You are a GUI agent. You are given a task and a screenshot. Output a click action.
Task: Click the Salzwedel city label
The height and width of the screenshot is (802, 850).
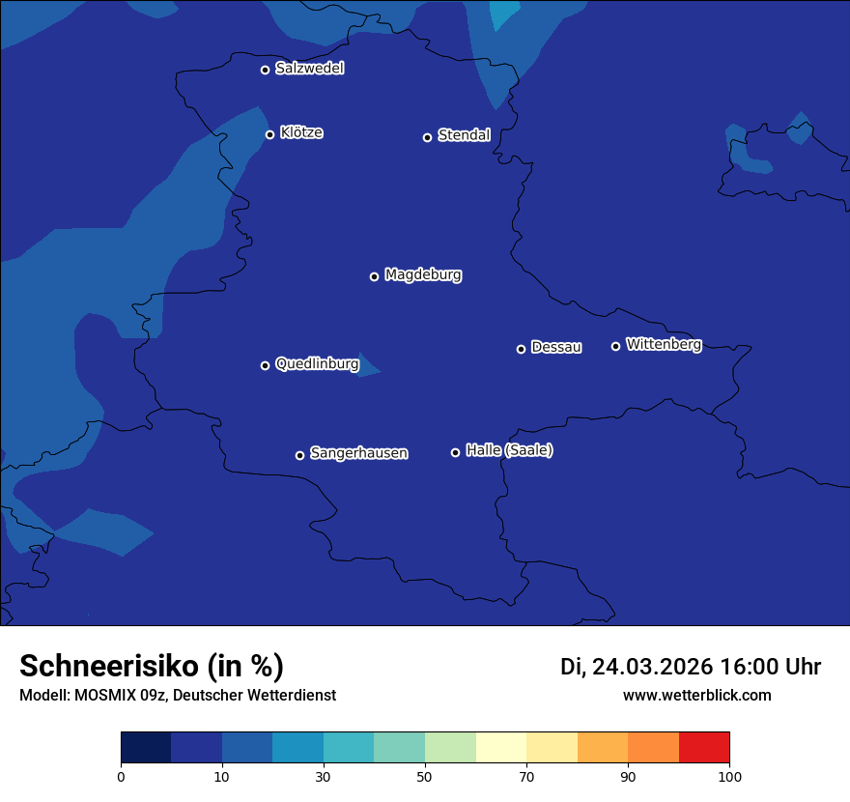[309, 69]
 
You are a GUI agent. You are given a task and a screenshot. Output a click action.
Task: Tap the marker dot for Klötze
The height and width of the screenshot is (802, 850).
[270, 134]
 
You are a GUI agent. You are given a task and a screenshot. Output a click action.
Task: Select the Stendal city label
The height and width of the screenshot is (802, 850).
[464, 135]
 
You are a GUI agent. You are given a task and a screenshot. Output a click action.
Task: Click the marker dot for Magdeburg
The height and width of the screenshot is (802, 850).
[375, 276]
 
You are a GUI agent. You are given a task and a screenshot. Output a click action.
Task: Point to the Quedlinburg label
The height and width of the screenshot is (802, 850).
[317, 364]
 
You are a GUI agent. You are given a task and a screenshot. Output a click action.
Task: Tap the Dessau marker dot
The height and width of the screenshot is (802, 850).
[522, 349]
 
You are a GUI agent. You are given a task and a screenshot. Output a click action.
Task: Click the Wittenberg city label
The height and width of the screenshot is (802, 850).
[664, 344]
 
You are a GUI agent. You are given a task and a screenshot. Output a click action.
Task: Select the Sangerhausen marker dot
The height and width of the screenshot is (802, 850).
[299, 455]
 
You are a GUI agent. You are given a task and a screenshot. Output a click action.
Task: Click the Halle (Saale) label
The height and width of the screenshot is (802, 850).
[509, 450]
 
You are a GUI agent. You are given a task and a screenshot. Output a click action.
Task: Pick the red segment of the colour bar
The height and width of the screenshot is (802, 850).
[704, 747]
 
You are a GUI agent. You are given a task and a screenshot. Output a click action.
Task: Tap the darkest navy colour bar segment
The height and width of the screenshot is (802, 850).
[146, 747]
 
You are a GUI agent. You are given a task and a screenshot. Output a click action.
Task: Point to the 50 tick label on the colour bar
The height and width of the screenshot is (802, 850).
[425, 777]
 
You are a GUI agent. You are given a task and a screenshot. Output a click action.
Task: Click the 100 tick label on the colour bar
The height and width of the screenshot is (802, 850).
[729, 777]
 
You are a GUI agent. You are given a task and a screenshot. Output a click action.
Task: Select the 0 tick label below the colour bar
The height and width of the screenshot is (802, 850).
[121, 777]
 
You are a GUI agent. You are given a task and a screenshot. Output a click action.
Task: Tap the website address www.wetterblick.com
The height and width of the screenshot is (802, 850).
[696, 695]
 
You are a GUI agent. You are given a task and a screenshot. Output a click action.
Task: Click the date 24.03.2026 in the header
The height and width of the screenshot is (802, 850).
[652, 667]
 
